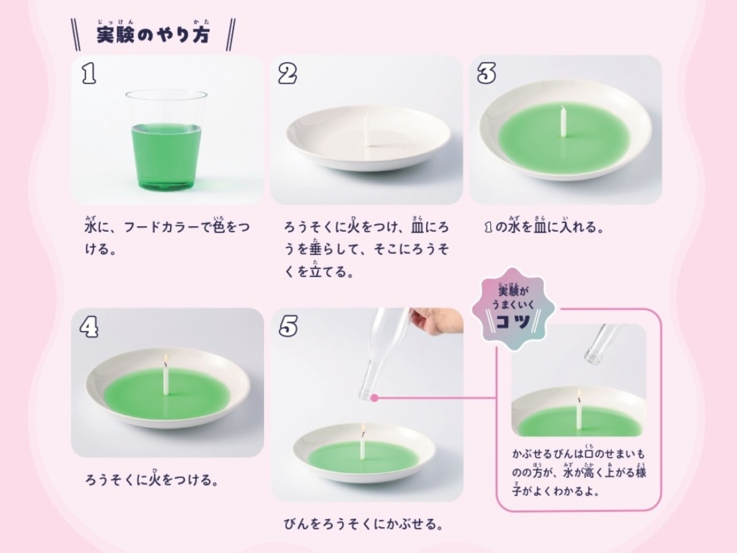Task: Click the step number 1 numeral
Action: [x=89, y=74]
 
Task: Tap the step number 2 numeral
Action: [x=288, y=74]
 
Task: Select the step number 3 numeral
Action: [x=487, y=74]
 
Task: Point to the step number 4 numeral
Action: [x=89, y=326]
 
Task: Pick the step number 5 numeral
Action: [x=288, y=326]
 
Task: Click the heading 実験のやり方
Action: [x=153, y=35]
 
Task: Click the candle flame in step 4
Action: [x=166, y=360]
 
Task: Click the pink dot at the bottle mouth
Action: [x=374, y=397]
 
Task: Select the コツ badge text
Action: [x=513, y=322]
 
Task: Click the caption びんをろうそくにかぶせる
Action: [x=363, y=523]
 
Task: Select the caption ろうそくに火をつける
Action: [x=152, y=479]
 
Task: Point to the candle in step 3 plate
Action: [x=564, y=121]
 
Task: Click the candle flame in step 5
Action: [x=363, y=428]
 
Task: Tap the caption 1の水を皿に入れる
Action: [x=544, y=226]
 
